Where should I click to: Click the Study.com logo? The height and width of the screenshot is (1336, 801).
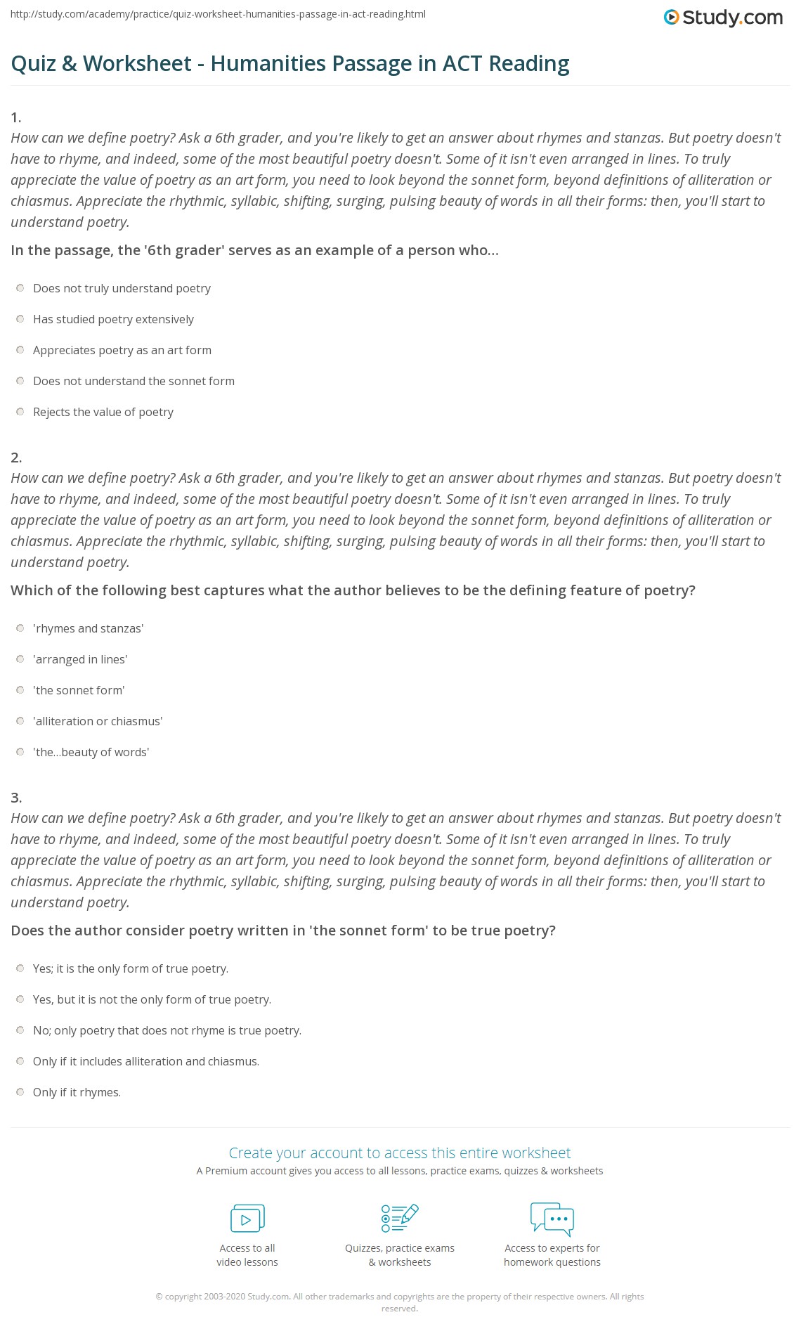click(723, 18)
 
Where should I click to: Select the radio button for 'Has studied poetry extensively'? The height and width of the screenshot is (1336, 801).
click(20, 319)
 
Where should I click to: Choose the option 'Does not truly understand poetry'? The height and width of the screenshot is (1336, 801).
click(20, 288)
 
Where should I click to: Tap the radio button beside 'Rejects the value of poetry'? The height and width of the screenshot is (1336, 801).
click(20, 412)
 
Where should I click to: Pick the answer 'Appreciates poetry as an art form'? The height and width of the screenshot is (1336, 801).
click(20, 350)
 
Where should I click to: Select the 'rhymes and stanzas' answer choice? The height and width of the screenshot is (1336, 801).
click(20, 628)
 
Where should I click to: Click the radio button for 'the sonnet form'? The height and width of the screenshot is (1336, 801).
click(20, 690)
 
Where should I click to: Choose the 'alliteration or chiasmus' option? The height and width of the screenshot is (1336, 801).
click(20, 721)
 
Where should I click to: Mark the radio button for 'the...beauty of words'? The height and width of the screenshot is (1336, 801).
click(20, 752)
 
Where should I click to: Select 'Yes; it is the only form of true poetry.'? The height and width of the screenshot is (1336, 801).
click(20, 968)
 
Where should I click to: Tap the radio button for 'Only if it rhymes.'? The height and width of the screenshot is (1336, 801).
click(20, 1092)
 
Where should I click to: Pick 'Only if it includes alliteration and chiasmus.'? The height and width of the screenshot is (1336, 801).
click(20, 1061)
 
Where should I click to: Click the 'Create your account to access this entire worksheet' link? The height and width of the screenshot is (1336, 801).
click(400, 1153)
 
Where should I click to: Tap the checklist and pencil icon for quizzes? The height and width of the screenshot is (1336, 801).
click(400, 1218)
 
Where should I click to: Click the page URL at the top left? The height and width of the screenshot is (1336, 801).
click(218, 14)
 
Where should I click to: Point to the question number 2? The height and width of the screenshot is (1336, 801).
click(16, 458)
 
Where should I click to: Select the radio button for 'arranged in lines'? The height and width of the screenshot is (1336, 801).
click(20, 659)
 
